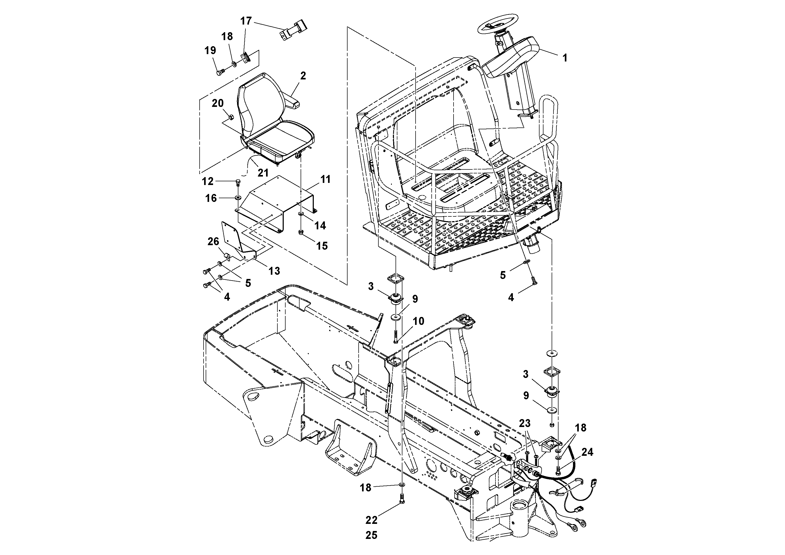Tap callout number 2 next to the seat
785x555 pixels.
[x=303, y=76]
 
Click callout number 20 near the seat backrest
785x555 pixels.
[x=218, y=103]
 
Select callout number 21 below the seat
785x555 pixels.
[x=263, y=173]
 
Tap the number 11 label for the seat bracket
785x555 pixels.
[x=325, y=179]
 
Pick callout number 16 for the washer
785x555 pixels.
[x=211, y=198]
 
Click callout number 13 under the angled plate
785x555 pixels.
[x=274, y=271]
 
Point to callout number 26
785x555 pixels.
[x=213, y=241]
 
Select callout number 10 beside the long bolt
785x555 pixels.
[x=418, y=321]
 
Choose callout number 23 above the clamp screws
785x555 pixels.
[x=525, y=423]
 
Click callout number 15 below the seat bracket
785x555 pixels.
[x=322, y=246]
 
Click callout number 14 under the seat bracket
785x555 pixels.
[x=320, y=225]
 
